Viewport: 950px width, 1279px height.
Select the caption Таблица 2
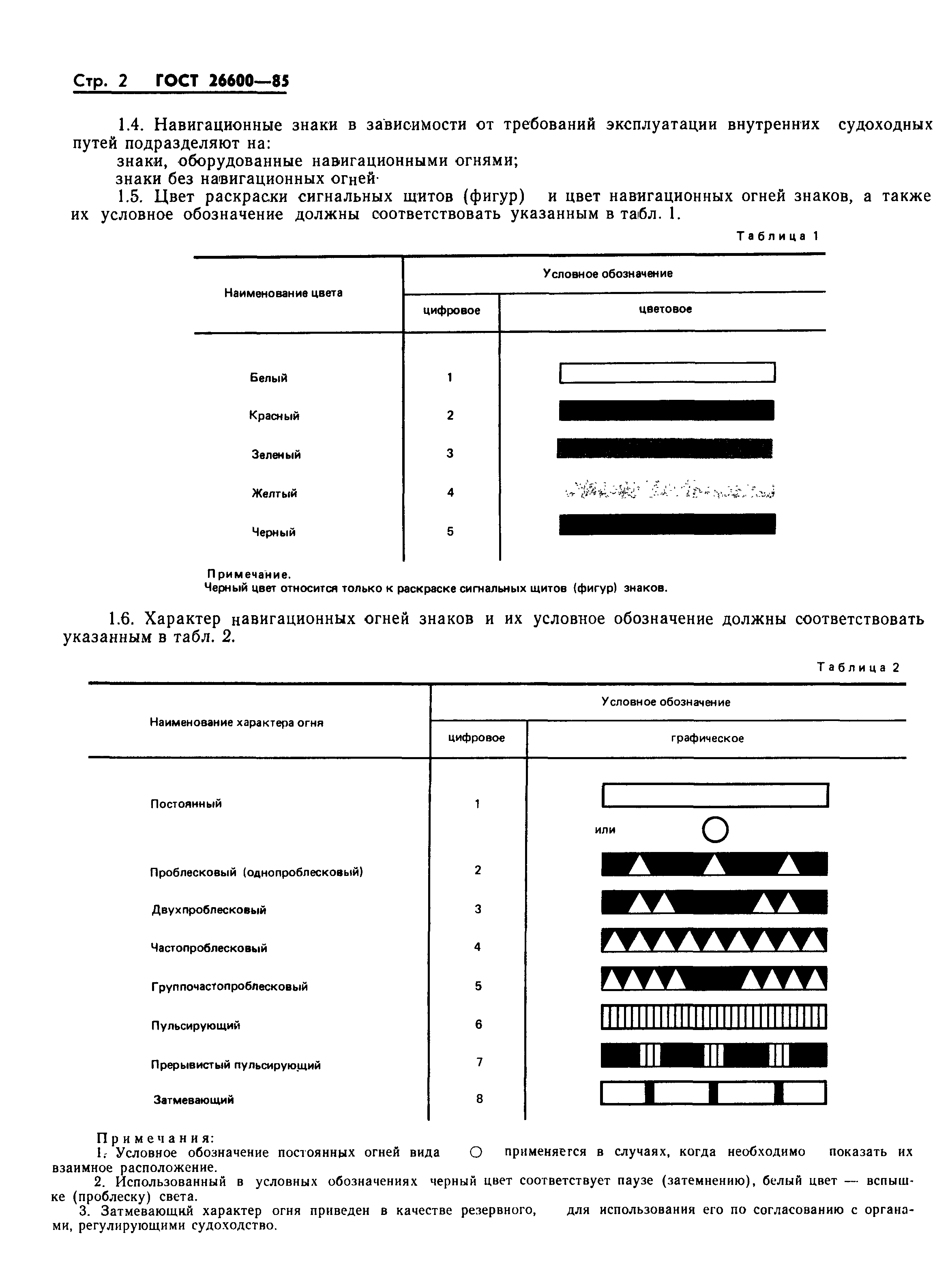tap(858, 667)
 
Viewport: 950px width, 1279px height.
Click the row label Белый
tap(268, 378)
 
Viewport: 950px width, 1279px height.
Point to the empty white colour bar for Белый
tap(667, 372)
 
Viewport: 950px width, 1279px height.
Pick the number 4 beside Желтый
tap(450, 492)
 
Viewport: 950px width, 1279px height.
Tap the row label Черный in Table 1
tap(274, 532)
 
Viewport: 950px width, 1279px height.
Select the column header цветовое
tap(665, 309)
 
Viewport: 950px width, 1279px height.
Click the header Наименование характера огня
tap(236, 722)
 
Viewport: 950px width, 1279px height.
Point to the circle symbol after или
tap(715, 830)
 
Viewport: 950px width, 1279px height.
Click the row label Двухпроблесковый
tap(209, 910)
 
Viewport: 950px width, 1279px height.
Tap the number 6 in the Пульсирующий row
tap(478, 1024)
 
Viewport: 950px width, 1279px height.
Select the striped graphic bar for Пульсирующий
tap(714, 1017)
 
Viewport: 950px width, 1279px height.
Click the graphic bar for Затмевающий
tap(713, 1093)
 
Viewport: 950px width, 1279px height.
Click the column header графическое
tap(707, 738)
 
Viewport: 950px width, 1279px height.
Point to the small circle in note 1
tap(475, 1152)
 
